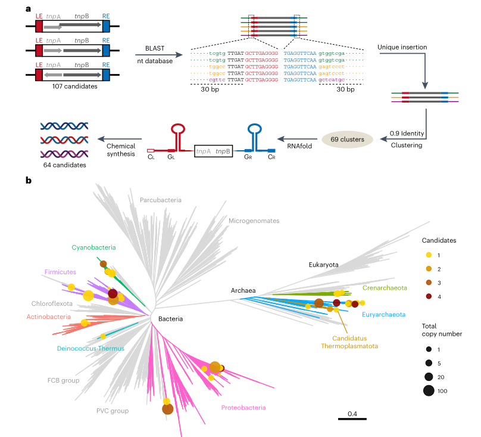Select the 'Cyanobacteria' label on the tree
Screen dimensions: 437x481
pyautogui.click(x=93, y=247)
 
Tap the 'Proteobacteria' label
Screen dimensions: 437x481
pyautogui.click(x=243, y=408)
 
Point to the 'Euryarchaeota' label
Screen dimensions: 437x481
pyautogui.click(x=385, y=314)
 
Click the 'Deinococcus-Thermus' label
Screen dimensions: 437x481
pyautogui.click(x=90, y=348)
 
